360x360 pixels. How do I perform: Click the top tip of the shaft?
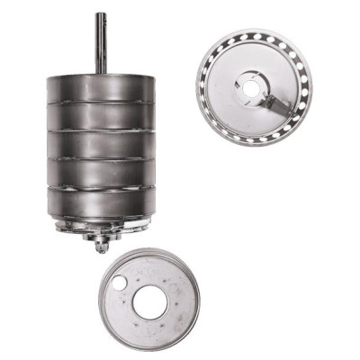pyautogui.click(x=101, y=14)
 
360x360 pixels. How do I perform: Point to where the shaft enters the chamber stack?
pyautogui.click(x=101, y=73)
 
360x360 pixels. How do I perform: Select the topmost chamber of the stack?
pyautogui.click(x=101, y=88)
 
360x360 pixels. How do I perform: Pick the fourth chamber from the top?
pyautogui.click(x=101, y=174)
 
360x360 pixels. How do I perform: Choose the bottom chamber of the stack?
pyautogui.click(x=101, y=202)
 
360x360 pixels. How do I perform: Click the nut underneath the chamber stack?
pyautogui.click(x=102, y=243)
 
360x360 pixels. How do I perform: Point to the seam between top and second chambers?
pyautogui.click(x=101, y=103)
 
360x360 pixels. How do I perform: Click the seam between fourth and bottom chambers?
pyautogui.click(x=101, y=188)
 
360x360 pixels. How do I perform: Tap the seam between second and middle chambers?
pyautogui.click(x=101, y=131)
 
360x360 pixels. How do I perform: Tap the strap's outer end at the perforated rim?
pyautogui.click(x=290, y=113)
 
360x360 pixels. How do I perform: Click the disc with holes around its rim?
pyautogui.click(x=253, y=85)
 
